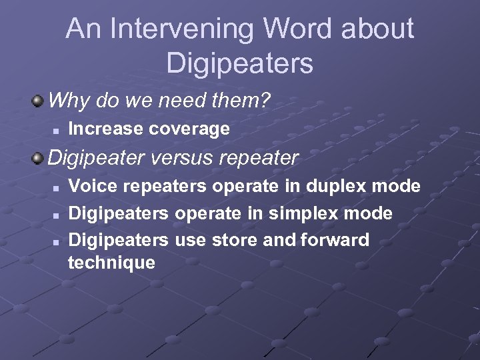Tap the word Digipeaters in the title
239,63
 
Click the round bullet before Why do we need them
39,101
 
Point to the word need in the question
180,101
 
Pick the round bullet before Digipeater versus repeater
39,159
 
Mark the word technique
111,263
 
